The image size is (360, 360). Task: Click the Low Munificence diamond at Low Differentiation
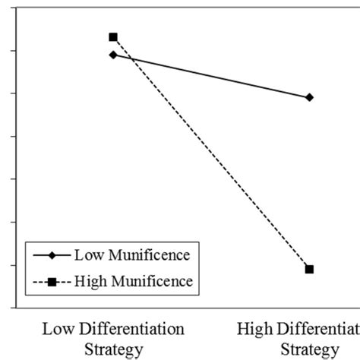click(113, 55)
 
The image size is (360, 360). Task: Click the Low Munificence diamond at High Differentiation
click(309, 97)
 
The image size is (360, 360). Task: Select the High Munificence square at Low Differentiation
click(113, 36)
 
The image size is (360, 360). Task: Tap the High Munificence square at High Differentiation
click(309, 269)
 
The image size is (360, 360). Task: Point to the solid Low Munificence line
click(211, 76)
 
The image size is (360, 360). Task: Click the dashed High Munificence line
click(211, 153)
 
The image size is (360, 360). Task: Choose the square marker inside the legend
click(52, 283)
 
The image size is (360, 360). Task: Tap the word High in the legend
click(90, 283)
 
